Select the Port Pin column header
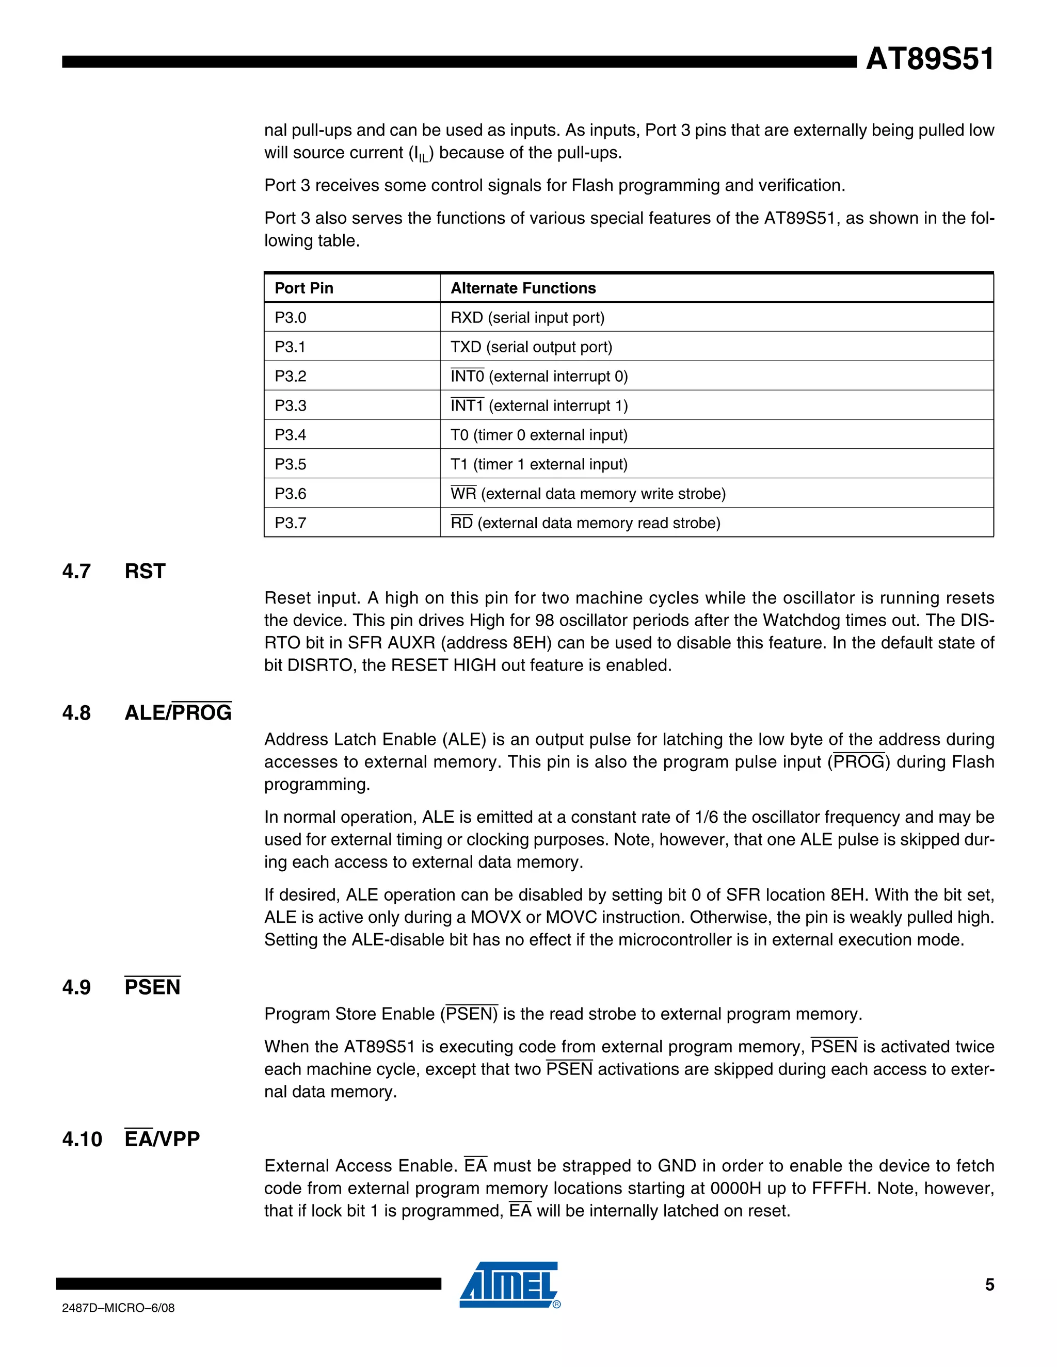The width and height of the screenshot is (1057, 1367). pos(303,288)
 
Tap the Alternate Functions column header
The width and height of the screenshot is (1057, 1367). pos(523,288)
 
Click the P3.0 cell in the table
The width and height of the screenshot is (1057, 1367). pos(291,318)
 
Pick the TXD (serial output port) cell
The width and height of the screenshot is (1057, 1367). pos(531,347)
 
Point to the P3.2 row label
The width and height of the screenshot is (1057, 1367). pos(291,376)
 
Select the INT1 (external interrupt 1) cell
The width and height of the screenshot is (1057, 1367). pos(538,405)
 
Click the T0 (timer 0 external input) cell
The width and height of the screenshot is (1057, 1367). pos(538,435)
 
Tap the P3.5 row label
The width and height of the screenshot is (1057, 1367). pos(291,464)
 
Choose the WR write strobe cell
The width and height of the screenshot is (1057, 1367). pos(587,494)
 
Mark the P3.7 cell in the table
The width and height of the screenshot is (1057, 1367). pos(291,523)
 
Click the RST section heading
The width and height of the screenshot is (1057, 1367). pos(145,572)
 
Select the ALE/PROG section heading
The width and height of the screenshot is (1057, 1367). pos(178,713)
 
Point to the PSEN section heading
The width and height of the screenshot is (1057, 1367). pos(152,987)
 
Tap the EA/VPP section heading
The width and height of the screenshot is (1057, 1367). pos(162,1139)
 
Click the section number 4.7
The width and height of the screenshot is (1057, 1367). pos(76,572)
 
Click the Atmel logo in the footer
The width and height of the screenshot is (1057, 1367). pos(509,1285)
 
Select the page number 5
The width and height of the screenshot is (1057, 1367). pos(989,1285)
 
